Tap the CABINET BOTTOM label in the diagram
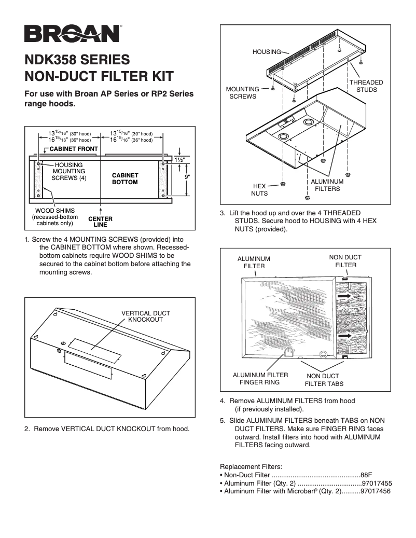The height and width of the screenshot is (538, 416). pos(125,179)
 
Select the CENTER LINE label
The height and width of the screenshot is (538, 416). pos(100,222)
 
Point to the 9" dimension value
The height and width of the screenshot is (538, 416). pos(188,177)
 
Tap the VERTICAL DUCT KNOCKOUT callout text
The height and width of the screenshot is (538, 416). pos(145,316)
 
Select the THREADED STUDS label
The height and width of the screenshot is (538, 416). pos(366,86)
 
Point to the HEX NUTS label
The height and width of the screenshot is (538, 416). pos(260,189)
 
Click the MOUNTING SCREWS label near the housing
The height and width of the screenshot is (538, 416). pos(243,93)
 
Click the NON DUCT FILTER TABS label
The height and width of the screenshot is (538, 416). pos(324,380)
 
